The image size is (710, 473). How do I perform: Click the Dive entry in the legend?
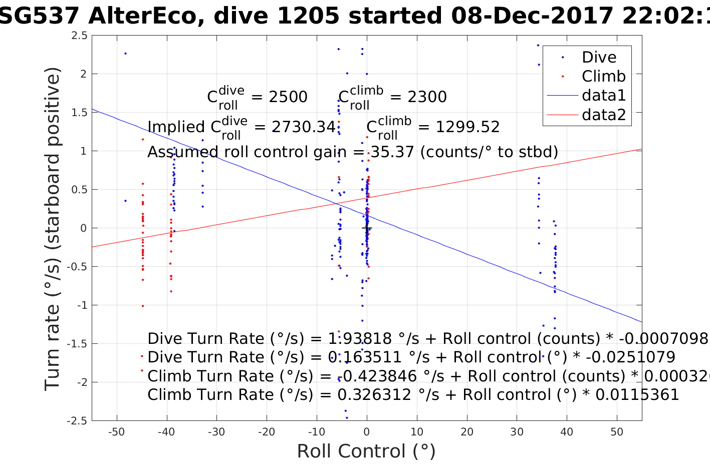click(x=599, y=57)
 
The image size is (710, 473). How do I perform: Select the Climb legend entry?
click(x=603, y=76)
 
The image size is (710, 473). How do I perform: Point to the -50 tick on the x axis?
click(x=117, y=432)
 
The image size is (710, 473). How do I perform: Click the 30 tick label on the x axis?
click(x=517, y=432)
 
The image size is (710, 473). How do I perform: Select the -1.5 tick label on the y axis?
click(x=77, y=343)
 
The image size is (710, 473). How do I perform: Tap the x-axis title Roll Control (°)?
click(x=366, y=451)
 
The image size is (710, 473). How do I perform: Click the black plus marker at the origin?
click(x=367, y=228)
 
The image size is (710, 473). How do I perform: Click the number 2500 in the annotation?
click(x=288, y=97)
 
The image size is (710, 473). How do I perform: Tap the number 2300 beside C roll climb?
click(x=427, y=97)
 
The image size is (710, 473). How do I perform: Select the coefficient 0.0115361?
click(x=636, y=395)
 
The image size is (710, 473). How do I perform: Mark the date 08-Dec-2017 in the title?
click(x=532, y=17)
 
